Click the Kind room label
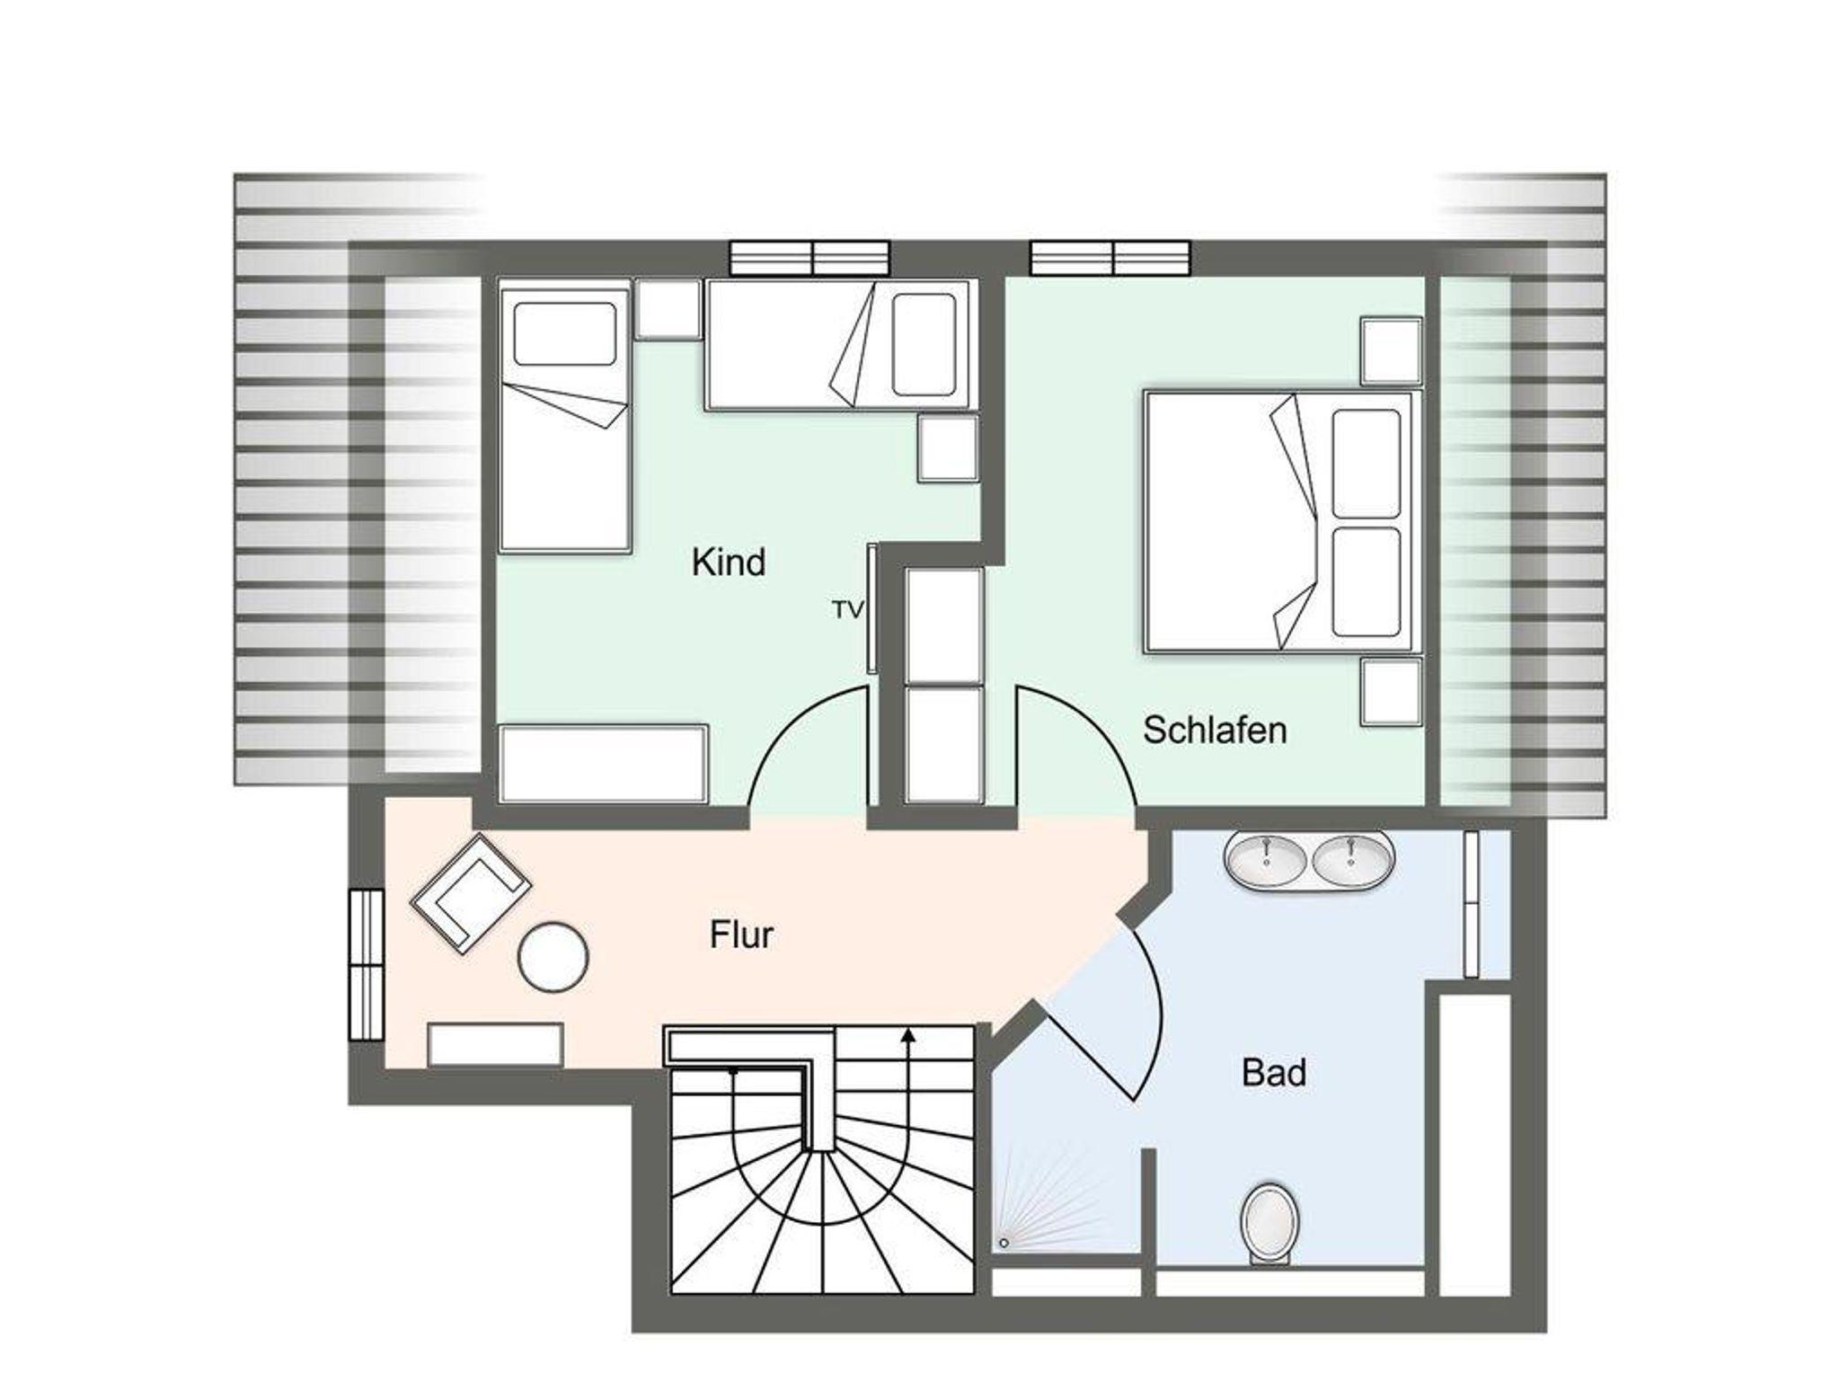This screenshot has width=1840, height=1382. (729, 563)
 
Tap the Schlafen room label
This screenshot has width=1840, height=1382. (1215, 731)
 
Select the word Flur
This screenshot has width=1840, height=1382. (741, 935)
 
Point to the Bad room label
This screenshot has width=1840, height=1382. (1274, 1073)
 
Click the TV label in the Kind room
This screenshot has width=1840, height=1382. (848, 610)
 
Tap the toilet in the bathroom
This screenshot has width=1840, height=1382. (1269, 1225)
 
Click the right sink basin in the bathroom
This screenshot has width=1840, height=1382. (1353, 860)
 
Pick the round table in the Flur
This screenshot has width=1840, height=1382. (553, 958)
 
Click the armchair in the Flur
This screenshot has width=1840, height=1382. (471, 893)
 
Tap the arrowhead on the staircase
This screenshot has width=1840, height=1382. (909, 1036)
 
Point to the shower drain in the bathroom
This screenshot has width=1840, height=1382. (1004, 1244)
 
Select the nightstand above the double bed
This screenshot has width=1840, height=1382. (1391, 350)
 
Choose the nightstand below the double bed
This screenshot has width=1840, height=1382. (1391, 692)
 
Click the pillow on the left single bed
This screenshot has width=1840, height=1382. (564, 333)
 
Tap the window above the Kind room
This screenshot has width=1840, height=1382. (809, 257)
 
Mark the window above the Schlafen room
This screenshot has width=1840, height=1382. (1110, 257)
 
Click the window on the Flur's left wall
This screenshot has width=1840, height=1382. (367, 964)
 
